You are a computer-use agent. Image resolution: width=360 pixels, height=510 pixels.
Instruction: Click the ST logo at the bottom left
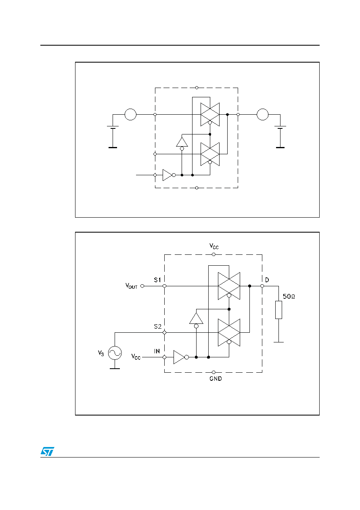47,451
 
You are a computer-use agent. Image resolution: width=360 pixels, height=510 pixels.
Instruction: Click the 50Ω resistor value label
289,296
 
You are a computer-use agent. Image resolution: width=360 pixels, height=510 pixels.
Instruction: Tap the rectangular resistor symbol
278,310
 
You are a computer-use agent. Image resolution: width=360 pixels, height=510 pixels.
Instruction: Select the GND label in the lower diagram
216,379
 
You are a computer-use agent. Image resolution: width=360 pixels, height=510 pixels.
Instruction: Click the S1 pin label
157,280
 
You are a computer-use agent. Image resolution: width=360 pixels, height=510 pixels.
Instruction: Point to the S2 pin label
157,327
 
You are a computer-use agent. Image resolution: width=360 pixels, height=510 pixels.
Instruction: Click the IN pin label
157,351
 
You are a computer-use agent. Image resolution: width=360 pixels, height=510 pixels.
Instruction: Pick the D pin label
267,280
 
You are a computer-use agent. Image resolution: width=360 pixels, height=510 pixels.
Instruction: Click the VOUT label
131,286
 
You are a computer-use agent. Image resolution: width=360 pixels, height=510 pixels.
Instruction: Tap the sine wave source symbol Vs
115,353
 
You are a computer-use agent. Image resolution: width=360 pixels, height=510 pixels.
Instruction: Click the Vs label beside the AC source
101,353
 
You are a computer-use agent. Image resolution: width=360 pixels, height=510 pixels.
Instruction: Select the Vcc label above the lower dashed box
214,246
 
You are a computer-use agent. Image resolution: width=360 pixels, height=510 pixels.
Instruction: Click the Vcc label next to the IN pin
136,357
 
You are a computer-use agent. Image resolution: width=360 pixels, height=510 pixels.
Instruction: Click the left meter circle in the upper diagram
130,115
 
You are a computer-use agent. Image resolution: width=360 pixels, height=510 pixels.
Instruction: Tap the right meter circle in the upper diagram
262,115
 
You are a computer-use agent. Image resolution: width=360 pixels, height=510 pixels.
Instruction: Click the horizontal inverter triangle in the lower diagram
179,357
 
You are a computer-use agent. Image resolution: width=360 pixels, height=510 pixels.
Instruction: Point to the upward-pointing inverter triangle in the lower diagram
196,319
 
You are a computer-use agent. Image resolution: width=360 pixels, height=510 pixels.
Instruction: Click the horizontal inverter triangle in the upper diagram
167,175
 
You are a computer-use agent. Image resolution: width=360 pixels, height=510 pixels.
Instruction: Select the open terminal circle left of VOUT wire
142,286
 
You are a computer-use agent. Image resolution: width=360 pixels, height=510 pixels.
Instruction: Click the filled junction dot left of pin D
249,286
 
